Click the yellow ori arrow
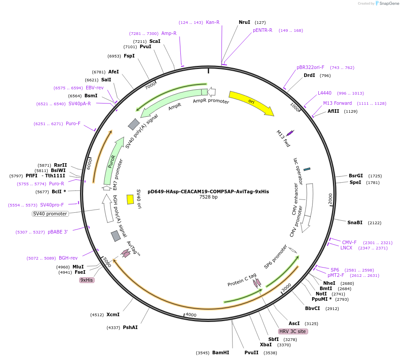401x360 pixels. click(x=251, y=103)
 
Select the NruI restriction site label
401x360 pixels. click(x=244, y=22)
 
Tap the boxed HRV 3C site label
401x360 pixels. click(x=293, y=331)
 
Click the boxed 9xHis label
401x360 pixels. click(x=87, y=280)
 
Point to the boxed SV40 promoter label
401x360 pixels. click(x=50, y=214)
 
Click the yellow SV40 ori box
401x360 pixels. click(x=130, y=199)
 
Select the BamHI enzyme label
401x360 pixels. click(x=220, y=352)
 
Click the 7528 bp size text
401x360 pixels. click(x=208, y=197)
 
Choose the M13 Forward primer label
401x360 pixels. click(x=337, y=103)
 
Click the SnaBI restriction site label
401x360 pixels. click(x=355, y=222)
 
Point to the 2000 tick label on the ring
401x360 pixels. click(x=330, y=199)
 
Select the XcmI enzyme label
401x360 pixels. click(x=113, y=314)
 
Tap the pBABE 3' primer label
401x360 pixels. click(x=58, y=232)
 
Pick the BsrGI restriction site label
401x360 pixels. click(x=355, y=176)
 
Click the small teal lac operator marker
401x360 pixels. click(x=307, y=169)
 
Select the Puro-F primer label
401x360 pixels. click(x=73, y=123)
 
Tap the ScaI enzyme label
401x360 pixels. click(x=155, y=41)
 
